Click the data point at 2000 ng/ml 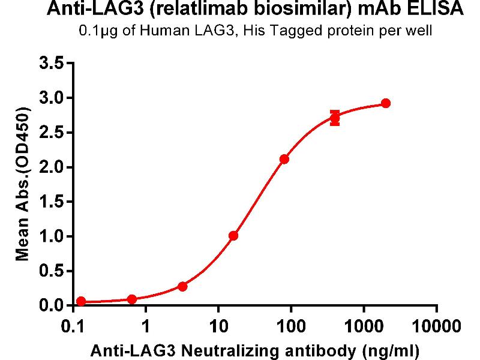click(386, 103)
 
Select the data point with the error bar click(335, 118)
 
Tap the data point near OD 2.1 click(284, 159)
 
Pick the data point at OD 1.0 click(233, 236)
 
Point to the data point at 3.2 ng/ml click(182, 286)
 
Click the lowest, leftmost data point click(81, 301)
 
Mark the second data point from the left click(132, 299)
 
